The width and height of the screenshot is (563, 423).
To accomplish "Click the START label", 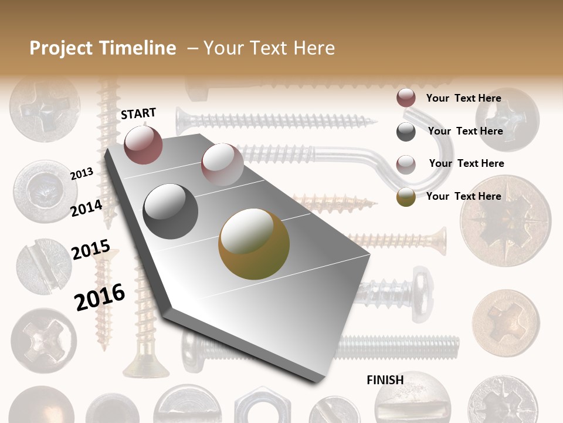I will point(138,113).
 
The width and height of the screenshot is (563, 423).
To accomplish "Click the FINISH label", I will point(385,380).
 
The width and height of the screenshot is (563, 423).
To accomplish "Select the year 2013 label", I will point(82,174).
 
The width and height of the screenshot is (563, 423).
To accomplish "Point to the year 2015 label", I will point(90,250).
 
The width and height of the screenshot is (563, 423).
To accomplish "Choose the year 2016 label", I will point(99,297).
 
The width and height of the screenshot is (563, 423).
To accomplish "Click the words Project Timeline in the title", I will point(103,48).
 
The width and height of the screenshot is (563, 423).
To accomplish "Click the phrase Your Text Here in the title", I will point(269,48).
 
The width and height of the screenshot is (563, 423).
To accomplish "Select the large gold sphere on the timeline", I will point(254,244).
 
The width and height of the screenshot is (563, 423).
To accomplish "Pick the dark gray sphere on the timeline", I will point(170,211).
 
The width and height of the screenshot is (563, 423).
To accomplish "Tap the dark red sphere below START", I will point(143,145).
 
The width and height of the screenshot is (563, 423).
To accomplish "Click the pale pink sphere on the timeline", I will point(222,164).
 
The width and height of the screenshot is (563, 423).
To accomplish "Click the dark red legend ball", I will point(406,98).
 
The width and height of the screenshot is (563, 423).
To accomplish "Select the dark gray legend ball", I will point(406,132).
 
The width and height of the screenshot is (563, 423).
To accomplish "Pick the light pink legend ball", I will point(406,164).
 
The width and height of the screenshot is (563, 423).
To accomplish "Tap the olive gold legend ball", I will point(406,197).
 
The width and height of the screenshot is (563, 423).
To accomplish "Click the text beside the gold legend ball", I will point(463,196).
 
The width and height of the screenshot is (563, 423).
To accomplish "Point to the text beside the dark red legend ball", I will point(463,98).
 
